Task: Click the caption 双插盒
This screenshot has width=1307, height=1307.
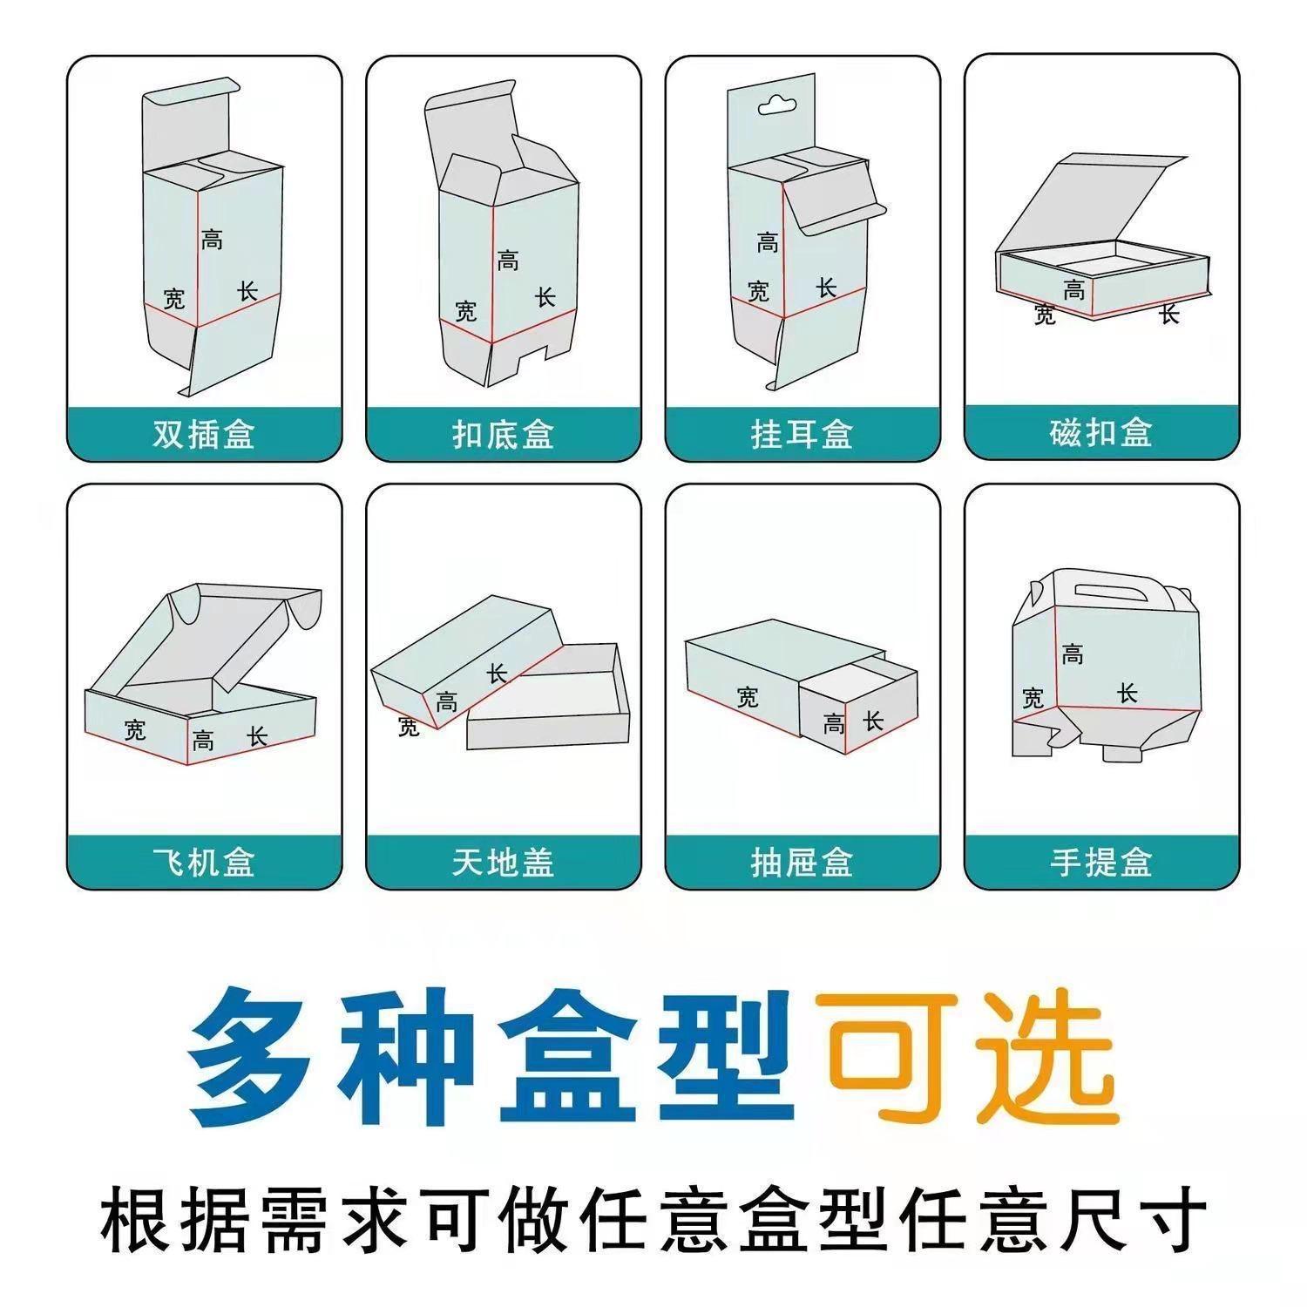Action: [x=204, y=433]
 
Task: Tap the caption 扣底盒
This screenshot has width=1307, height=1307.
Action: [x=503, y=433]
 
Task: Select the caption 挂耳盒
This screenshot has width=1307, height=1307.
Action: [x=802, y=433]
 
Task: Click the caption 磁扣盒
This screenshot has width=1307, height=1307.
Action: [x=1101, y=432]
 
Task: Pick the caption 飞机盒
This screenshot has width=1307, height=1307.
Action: [x=204, y=863]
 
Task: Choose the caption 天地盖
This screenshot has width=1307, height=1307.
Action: [x=503, y=863]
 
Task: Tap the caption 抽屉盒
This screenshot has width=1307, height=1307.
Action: [x=802, y=863]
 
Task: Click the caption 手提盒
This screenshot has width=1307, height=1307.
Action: [x=1101, y=863]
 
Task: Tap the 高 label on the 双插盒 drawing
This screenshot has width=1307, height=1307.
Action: [x=212, y=239]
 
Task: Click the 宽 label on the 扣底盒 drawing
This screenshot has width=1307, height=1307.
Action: [x=466, y=310]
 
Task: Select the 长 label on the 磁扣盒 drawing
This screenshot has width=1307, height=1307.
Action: [x=1169, y=314]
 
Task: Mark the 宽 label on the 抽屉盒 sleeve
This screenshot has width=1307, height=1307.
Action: [x=747, y=697]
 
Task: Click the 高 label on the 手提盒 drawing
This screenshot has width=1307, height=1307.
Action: [x=1073, y=654]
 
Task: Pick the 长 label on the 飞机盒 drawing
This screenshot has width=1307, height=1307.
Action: [x=257, y=737]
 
